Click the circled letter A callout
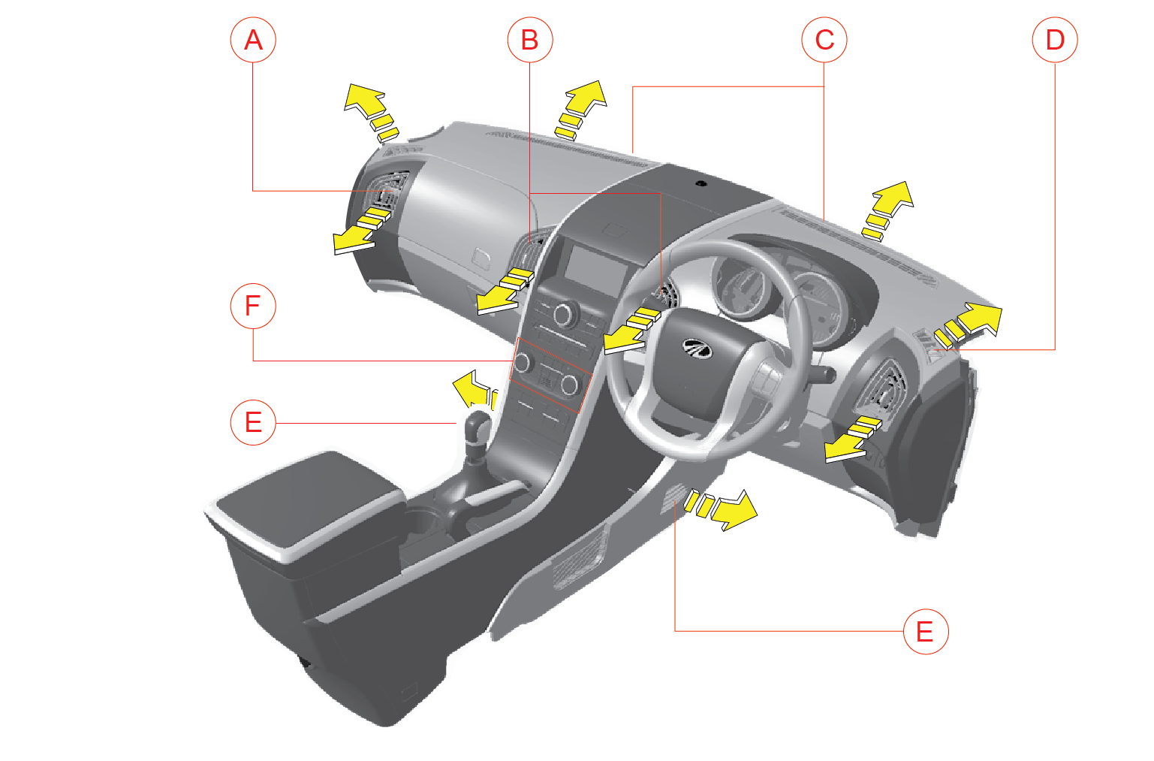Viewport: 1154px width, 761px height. (253, 40)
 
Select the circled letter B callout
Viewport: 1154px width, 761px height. (530, 40)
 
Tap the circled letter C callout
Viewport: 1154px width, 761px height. (824, 40)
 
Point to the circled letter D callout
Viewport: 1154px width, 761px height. (1055, 40)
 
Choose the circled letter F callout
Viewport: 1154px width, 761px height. (253, 306)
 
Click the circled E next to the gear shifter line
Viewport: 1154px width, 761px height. (253, 422)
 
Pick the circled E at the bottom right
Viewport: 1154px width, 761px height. (926, 632)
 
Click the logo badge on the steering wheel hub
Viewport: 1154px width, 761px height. (697, 348)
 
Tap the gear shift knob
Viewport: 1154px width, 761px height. (478, 429)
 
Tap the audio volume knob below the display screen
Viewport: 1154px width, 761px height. (565, 314)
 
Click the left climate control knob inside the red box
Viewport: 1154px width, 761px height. (523, 362)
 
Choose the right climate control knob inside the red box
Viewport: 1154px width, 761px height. (570, 385)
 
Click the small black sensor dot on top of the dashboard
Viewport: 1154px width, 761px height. (701, 183)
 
